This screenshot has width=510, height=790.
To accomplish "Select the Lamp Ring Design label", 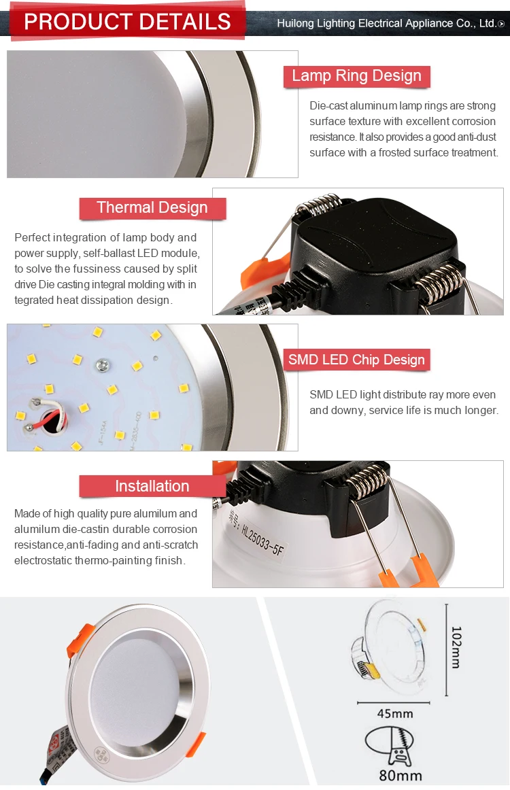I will pos(356,76).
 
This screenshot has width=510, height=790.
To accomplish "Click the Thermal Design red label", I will pos(152,208).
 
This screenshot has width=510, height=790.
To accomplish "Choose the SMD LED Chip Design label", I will pos(356,360).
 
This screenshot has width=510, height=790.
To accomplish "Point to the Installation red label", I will pos(152,486).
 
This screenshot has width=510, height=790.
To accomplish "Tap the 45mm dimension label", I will pos(395,713).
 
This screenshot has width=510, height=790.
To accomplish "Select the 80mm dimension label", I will pos(401,775).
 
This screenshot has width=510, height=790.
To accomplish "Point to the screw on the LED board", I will pos(103,366).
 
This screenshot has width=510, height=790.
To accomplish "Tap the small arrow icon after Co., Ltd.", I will pos(502,24).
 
